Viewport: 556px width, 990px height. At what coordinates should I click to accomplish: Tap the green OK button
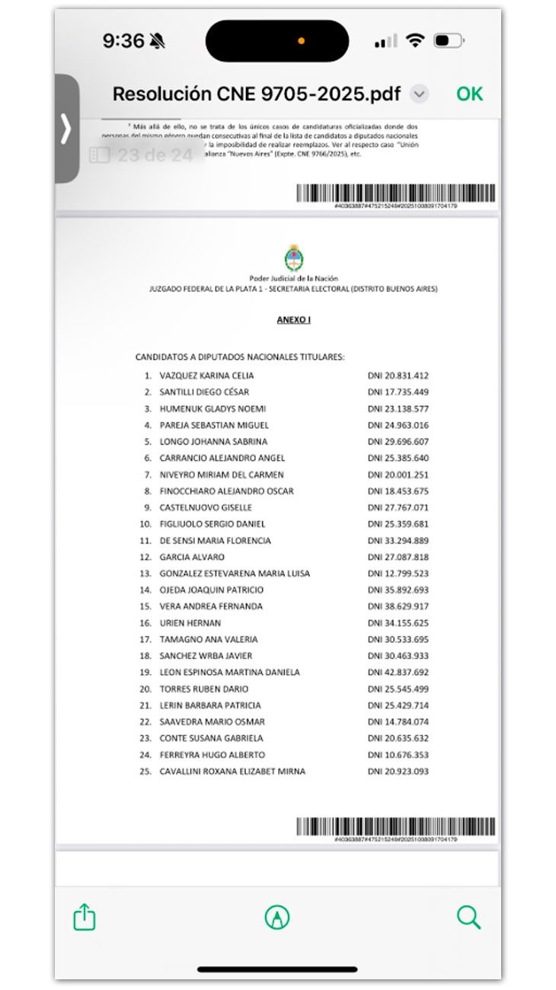469,94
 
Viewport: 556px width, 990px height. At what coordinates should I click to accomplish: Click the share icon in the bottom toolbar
85,916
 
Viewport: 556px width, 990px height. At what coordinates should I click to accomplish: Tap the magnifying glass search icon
468,917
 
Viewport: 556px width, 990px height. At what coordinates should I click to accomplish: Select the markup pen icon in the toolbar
276,917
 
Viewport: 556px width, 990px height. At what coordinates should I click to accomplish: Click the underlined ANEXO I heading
293,320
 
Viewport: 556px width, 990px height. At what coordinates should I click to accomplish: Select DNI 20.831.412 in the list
398,375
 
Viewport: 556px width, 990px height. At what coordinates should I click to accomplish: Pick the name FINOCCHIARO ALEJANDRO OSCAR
226,491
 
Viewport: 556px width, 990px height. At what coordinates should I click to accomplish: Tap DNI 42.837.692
398,672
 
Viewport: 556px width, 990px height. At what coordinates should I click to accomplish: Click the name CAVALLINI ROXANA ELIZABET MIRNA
232,771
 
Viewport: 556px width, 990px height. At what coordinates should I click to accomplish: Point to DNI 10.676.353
398,755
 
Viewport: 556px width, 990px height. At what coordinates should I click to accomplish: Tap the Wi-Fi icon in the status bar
414,41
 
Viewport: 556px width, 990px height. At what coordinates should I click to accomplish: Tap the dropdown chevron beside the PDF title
419,94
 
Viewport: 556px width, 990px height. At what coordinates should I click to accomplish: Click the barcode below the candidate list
395,826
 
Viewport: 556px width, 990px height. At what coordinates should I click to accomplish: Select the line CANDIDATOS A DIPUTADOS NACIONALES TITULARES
240,356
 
